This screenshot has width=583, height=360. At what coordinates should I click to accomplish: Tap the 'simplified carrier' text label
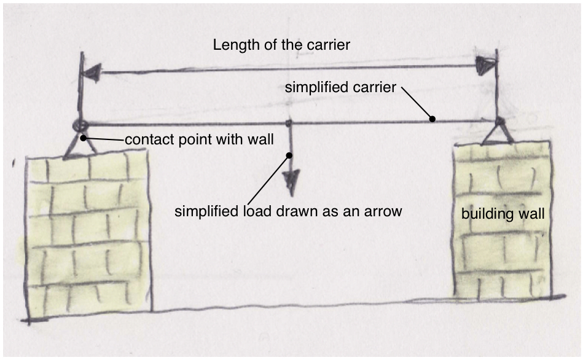coord(340,88)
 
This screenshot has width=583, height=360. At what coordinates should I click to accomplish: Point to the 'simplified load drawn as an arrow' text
coord(288,212)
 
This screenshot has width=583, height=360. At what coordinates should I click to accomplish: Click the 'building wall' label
coord(503,214)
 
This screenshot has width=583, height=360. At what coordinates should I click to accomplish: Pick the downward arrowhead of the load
coord(290,181)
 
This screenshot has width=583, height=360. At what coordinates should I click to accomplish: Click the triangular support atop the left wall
coord(78,146)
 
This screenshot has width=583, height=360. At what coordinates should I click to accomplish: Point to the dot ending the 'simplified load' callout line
coord(288,156)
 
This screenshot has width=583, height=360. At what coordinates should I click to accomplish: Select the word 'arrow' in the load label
coord(386,212)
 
